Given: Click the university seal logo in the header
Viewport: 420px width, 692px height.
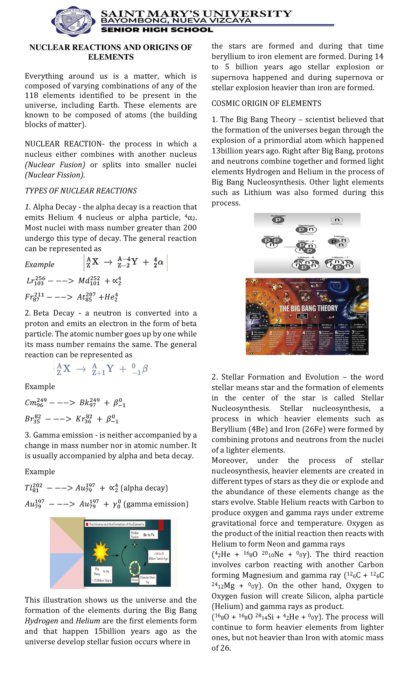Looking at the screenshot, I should coord(73,21).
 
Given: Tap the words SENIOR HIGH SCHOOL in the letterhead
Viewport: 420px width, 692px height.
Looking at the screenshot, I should coord(157,30).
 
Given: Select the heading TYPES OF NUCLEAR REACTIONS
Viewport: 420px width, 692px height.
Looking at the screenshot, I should coord(81,191).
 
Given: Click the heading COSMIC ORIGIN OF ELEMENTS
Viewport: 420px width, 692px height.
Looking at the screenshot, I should coord(266,104).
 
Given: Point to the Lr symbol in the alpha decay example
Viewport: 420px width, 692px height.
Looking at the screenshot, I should coord(31,281).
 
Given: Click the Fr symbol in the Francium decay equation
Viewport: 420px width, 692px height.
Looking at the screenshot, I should coord(29,297).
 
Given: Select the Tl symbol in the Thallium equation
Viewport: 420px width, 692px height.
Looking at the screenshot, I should coord(29,488).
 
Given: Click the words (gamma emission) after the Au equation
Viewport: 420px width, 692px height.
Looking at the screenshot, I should coord(156,504).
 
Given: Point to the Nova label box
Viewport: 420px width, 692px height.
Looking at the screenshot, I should coord(135,580).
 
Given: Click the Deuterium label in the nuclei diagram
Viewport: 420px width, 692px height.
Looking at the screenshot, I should coord(306,226).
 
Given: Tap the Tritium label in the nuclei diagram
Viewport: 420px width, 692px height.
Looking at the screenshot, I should coord(339,236).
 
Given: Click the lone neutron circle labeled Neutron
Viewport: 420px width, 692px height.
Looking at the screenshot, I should coord(337,220).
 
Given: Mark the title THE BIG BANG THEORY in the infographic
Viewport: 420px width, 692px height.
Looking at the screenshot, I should coord(308,308).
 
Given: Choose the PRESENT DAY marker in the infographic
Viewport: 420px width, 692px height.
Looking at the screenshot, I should coord(361,316).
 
